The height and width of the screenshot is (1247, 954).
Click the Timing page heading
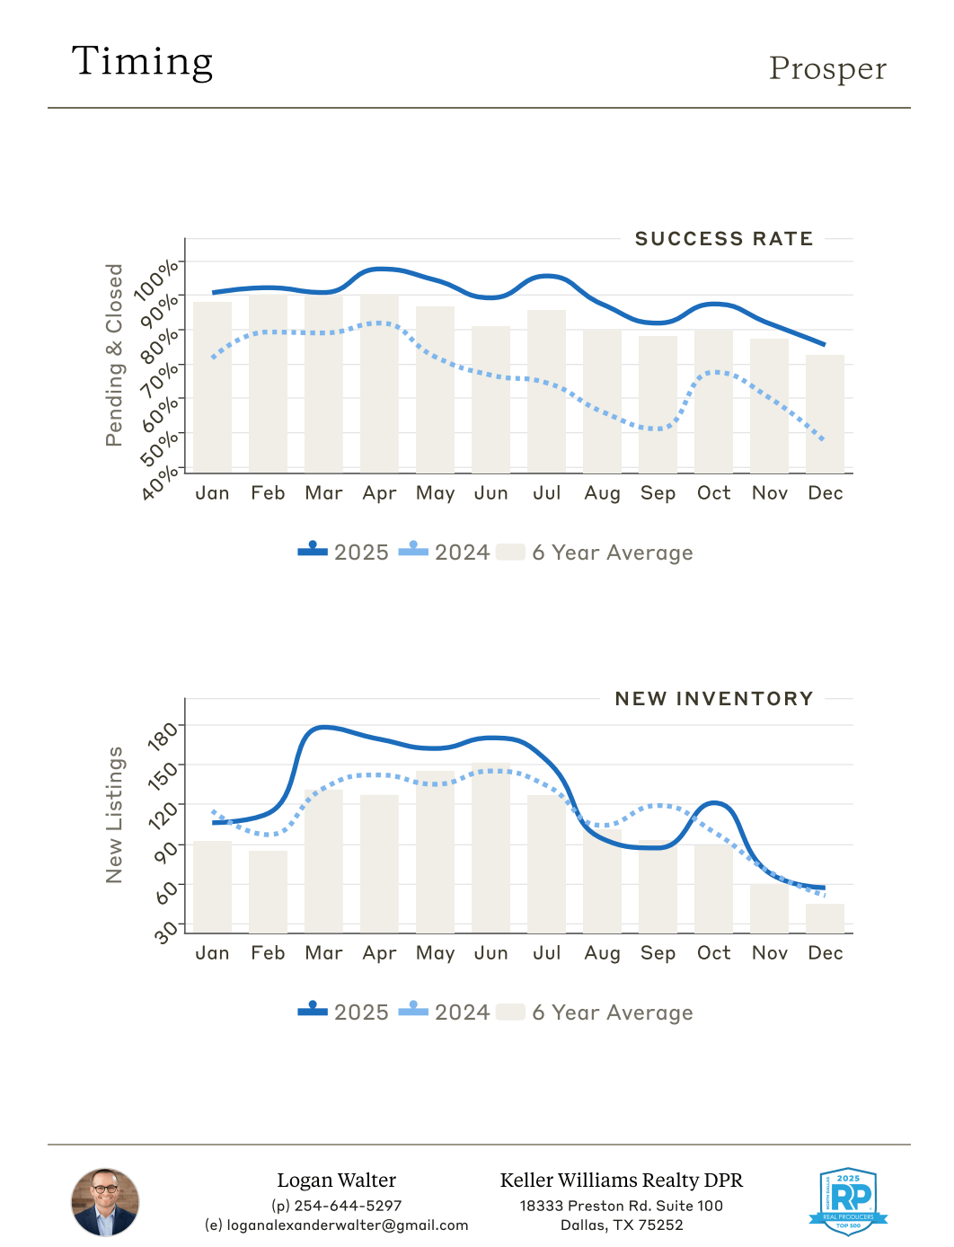click(142, 62)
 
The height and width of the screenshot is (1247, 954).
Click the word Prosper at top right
click(827, 69)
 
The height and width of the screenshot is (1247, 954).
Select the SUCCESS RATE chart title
click(723, 239)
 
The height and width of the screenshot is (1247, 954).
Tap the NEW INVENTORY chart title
click(714, 699)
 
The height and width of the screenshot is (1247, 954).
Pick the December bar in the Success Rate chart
click(825, 415)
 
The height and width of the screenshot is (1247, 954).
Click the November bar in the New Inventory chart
click(769, 909)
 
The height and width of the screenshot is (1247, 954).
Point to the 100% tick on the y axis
click(157, 279)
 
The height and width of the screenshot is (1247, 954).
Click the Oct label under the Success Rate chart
click(714, 493)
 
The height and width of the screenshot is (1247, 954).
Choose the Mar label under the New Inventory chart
click(323, 953)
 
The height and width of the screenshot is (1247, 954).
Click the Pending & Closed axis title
click(114, 355)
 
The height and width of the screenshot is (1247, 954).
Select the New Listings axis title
click(114, 815)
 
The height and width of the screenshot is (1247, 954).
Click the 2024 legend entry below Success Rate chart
click(446, 553)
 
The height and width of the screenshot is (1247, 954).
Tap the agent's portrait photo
click(105, 1202)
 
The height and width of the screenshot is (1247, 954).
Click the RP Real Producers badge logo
click(848, 1201)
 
